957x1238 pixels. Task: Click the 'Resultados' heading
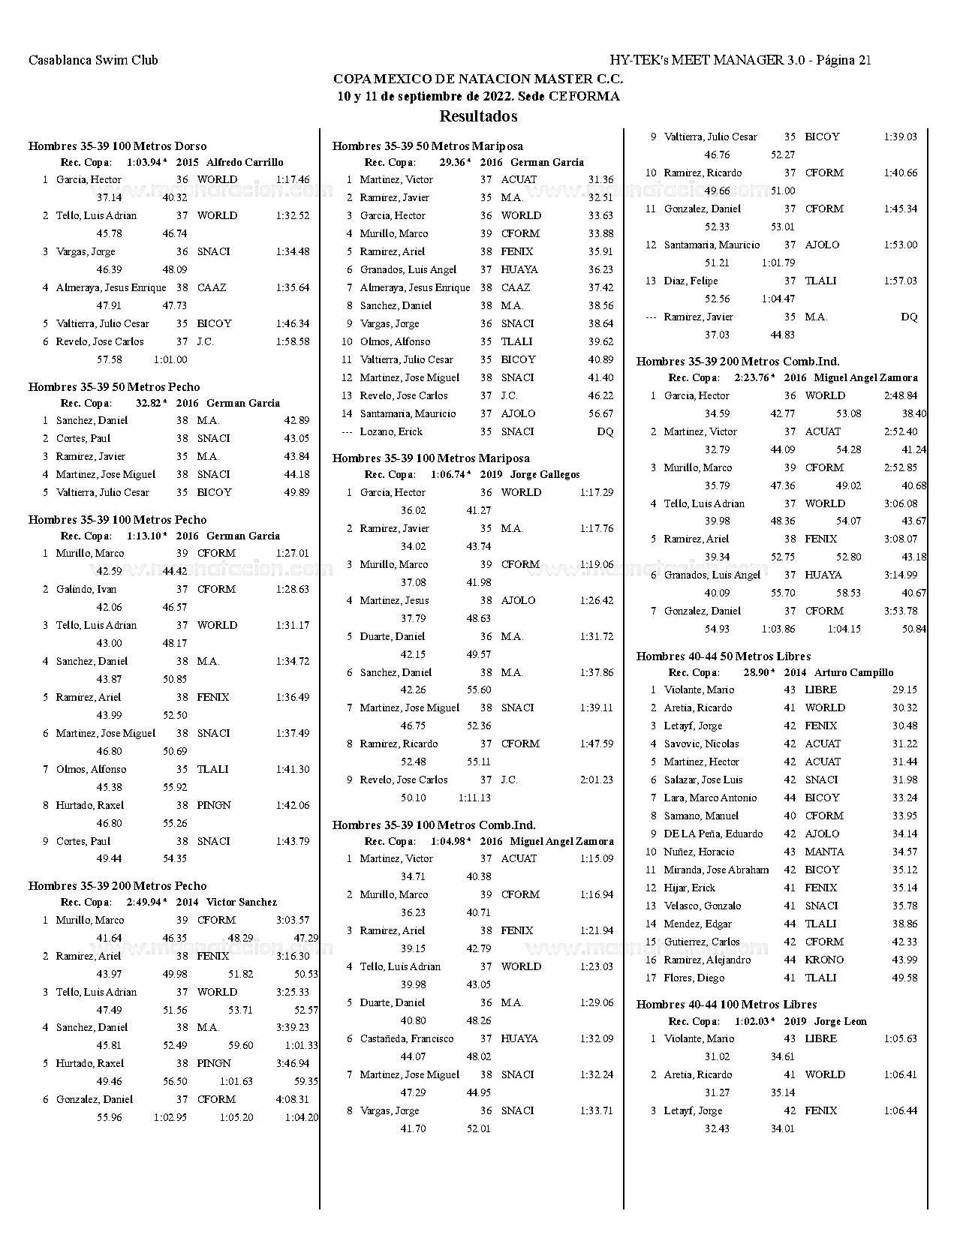478,116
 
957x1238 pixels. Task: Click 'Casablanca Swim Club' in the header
93,60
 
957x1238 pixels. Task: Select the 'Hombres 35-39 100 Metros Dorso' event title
117,146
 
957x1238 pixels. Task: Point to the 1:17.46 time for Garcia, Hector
293,179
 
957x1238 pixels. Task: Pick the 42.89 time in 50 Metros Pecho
296,420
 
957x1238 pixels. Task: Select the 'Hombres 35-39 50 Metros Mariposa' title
428,146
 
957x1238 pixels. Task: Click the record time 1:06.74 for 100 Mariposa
449,474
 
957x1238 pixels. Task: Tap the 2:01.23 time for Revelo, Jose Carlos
597,780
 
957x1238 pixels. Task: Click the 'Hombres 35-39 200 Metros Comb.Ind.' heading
738,362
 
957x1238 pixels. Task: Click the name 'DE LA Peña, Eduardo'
713,834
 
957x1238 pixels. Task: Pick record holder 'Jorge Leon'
841,1021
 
